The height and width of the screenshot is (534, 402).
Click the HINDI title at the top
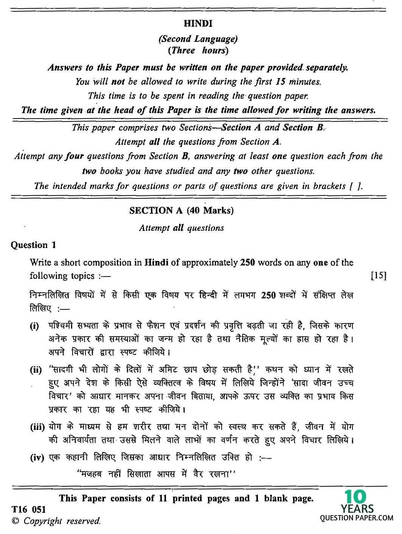point(198,23)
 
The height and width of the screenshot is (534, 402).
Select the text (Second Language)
point(198,39)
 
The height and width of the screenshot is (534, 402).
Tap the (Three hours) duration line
point(198,50)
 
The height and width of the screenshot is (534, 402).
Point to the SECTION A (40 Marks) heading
point(181,211)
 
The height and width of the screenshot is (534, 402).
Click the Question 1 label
point(33,245)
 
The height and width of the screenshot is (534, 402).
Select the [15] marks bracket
point(379,276)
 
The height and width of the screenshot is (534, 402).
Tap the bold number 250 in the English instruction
point(247,262)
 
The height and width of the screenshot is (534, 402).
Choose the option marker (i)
point(34,326)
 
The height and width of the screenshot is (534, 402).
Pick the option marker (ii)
point(36,370)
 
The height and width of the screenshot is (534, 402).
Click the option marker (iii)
point(37,427)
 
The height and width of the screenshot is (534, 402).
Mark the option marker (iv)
point(37,457)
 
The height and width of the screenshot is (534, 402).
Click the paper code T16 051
point(28,509)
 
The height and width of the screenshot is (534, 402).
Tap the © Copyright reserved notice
point(56,521)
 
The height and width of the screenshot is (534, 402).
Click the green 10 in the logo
point(355,497)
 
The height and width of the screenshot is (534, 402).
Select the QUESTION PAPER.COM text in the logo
point(357,518)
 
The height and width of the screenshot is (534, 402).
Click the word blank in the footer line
point(276,498)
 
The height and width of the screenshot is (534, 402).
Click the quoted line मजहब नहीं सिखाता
point(156,474)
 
